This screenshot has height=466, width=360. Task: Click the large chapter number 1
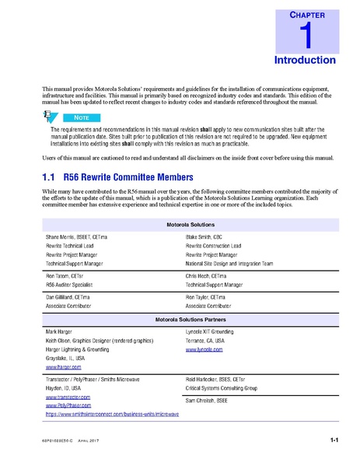click(x=306, y=36)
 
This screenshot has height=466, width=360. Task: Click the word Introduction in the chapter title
click(x=305, y=60)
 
